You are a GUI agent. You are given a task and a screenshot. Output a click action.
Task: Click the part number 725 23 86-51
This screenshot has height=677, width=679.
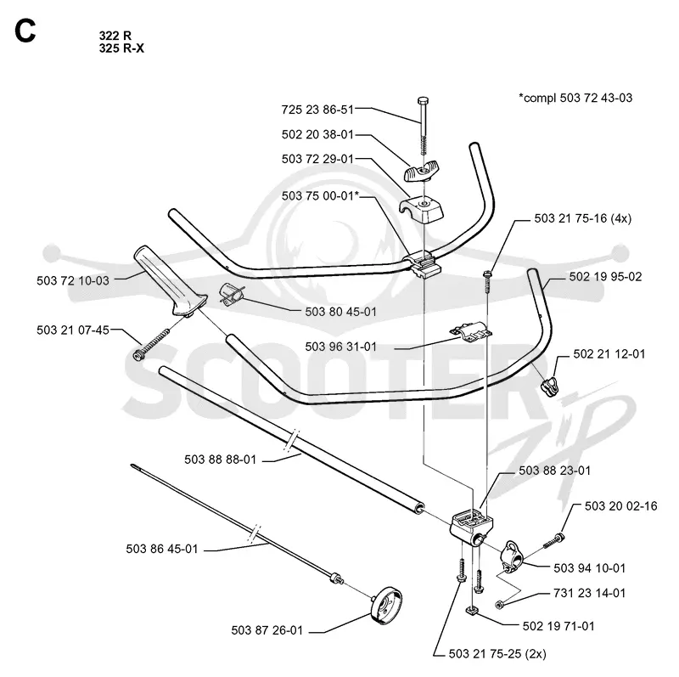[317, 110]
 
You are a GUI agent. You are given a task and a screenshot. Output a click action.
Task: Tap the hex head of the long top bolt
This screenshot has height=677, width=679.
[423, 101]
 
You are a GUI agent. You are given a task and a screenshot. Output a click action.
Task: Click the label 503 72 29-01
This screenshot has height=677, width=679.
[317, 159]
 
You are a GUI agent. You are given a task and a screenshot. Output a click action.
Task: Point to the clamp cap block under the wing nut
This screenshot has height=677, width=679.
[421, 209]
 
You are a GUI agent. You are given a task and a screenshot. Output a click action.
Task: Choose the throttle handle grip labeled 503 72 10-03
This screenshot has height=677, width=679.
[169, 282]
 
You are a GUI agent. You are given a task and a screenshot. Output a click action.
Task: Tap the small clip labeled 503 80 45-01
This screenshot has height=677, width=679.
[233, 294]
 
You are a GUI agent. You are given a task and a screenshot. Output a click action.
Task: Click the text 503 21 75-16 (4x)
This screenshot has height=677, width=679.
[582, 218]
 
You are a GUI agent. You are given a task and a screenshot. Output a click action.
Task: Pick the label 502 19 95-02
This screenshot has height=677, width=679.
[605, 277]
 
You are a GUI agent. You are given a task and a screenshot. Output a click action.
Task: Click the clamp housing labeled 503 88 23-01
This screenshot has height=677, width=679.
[471, 527]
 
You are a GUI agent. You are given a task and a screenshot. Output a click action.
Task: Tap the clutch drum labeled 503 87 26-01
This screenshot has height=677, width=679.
[386, 606]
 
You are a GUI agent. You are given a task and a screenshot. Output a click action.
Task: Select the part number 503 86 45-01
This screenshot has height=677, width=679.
[161, 549]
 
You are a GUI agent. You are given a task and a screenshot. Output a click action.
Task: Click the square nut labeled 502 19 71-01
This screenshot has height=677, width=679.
[473, 611]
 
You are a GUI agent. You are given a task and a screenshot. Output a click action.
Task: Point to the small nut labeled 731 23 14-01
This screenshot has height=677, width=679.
[499, 604]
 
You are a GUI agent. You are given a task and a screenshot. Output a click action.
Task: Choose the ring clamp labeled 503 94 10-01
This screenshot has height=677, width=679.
[511, 556]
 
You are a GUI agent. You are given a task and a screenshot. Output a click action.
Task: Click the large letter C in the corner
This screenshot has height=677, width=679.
[25, 31]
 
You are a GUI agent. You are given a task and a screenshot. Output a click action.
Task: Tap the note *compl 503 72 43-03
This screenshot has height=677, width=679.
[575, 98]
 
